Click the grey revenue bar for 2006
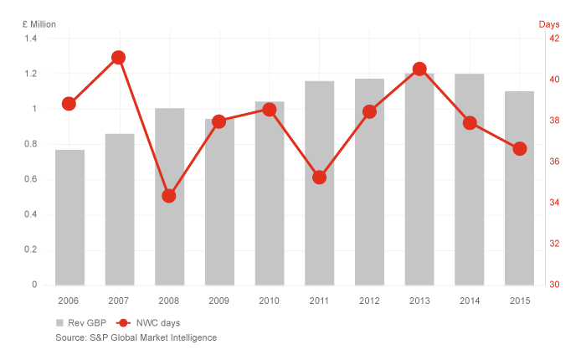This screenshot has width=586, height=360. tap(69, 218)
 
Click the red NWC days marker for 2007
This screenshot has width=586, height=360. tap(118, 58)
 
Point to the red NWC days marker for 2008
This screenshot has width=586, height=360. tap(168, 196)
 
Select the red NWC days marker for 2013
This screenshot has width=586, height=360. tap(419, 69)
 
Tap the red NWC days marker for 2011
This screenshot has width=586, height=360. tap(319, 177)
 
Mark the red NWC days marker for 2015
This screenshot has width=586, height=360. tap(519, 148)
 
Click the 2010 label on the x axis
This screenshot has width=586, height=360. tap(269, 300)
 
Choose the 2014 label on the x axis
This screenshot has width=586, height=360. tap(469, 300)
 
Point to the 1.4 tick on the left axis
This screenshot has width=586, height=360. tap(30, 39)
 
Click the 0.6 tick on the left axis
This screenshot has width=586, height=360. tap(30, 179)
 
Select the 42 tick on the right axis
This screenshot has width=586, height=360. tap(554, 39)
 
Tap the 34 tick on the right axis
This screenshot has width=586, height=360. tap(554, 203)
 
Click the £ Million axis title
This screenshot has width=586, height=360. tap(39, 23)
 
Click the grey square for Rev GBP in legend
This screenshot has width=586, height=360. tap(60, 322)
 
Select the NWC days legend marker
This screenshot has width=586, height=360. tap(124, 322)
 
